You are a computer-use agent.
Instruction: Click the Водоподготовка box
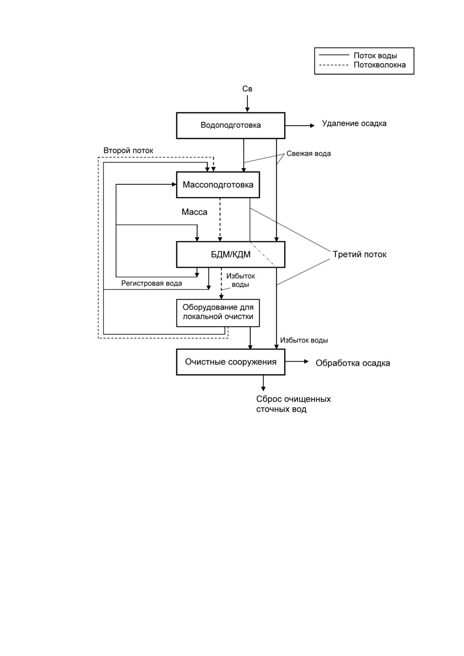click(231, 125)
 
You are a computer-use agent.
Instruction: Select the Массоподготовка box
click(218, 185)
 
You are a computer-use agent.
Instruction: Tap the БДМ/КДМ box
click(231, 254)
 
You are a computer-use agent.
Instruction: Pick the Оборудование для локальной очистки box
click(218, 313)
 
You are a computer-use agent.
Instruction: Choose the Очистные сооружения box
click(231, 362)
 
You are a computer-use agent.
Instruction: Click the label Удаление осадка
click(354, 123)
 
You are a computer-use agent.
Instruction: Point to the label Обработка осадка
click(353, 363)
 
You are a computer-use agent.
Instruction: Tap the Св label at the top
click(247, 89)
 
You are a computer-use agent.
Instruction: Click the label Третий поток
click(360, 254)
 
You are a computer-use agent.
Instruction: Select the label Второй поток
click(128, 151)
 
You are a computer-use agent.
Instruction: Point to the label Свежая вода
click(309, 154)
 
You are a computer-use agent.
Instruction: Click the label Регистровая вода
click(152, 283)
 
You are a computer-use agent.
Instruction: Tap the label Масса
click(195, 212)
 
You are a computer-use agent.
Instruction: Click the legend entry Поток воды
click(375, 56)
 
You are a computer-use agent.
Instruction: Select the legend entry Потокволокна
click(380, 65)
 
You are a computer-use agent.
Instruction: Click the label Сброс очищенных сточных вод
click(294, 404)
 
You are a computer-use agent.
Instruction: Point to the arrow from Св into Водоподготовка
click(247, 104)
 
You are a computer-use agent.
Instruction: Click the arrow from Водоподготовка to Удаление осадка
click(300, 126)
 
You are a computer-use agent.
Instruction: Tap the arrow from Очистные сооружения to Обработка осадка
click(297, 362)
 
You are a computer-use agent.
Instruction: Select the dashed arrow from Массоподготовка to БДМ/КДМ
click(220, 220)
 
